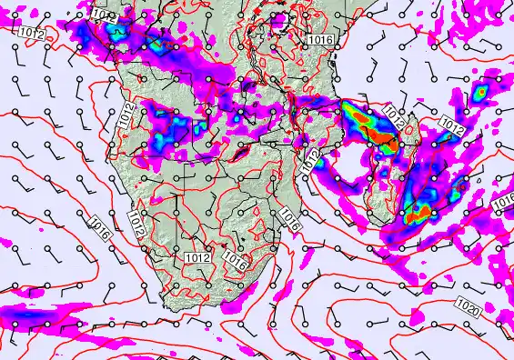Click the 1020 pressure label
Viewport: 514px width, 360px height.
coord(469,304)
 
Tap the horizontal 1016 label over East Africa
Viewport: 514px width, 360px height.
coord(319,40)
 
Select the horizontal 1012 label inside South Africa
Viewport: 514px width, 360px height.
coord(197,258)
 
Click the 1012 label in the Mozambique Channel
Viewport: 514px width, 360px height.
coord(311,162)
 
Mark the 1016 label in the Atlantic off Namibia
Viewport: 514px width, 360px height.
coord(100,227)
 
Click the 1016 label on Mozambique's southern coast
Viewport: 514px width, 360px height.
coord(290,217)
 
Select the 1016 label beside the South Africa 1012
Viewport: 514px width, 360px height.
coord(235,261)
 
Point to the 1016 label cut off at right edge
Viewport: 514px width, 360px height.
coord(504,205)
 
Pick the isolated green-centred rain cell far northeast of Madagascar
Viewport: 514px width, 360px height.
coord(479,92)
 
